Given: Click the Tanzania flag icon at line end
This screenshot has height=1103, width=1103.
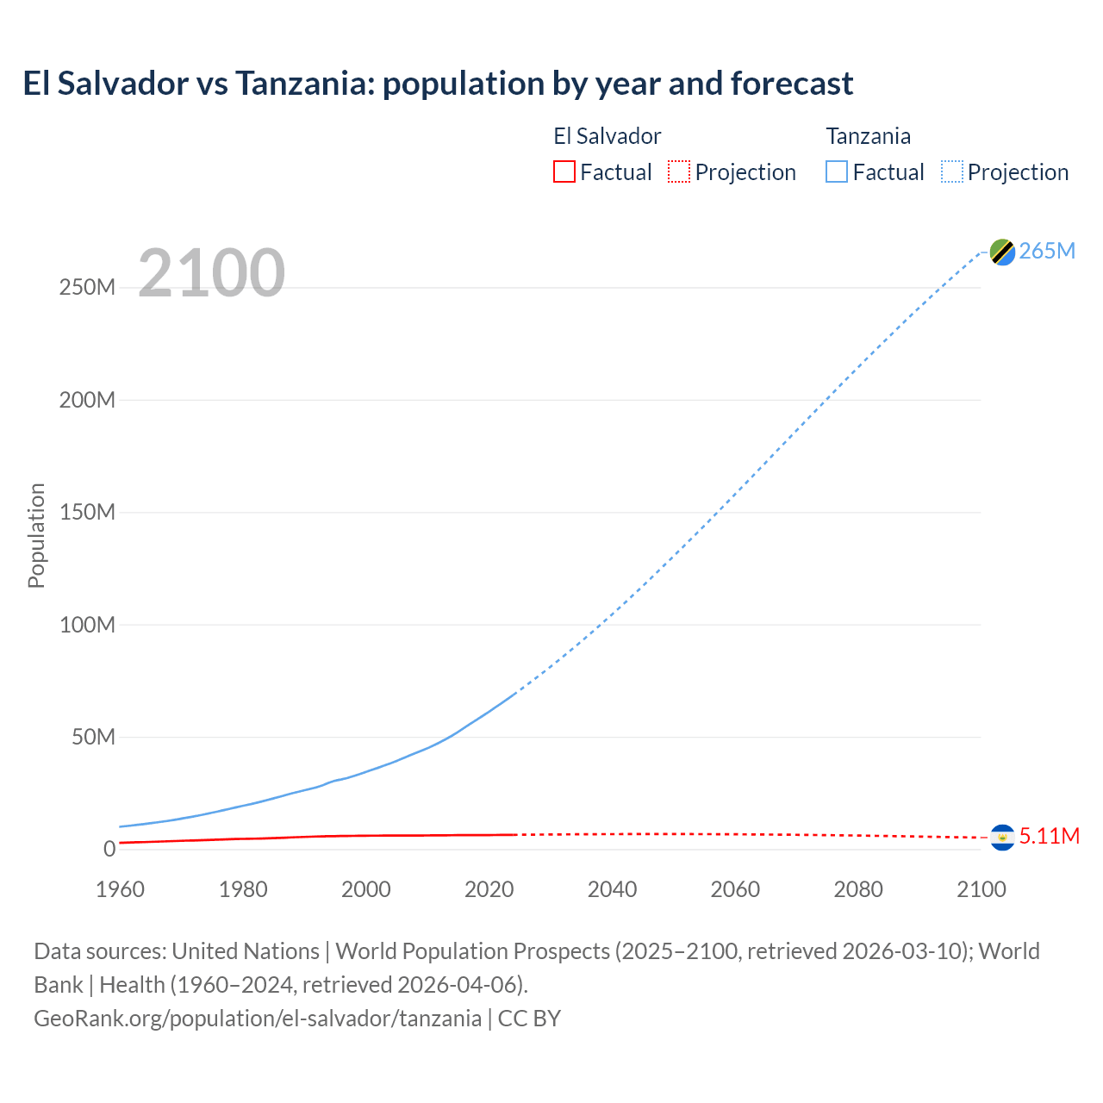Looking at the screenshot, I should pyautogui.click(x=1002, y=252).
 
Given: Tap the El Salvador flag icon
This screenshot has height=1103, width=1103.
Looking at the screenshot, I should pyautogui.click(x=1002, y=837).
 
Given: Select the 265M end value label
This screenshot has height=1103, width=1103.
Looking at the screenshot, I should pyautogui.click(x=1047, y=251).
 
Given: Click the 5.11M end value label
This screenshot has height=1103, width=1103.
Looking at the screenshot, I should pyautogui.click(x=1049, y=836).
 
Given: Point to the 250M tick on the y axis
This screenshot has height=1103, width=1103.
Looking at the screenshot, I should pyautogui.click(x=87, y=287).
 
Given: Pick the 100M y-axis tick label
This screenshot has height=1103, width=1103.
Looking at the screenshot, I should pyautogui.click(x=87, y=625).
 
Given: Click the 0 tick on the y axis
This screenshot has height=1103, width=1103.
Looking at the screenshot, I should pyautogui.click(x=109, y=849).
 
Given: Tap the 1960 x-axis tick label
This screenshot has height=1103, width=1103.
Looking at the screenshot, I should pyautogui.click(x=120, y=889).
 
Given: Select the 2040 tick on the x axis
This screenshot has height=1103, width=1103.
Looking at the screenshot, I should pyautogui.click(x=612, y=889).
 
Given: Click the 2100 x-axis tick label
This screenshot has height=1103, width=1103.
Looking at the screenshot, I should pyautogui.click(x=981, y=889).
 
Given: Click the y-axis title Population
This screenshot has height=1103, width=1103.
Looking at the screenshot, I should pyautogui.click(x=36, y=535).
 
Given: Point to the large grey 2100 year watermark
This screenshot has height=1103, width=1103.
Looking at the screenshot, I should pyautogui.click(x=211, y=273).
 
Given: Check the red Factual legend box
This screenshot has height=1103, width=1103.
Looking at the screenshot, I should pyautogui.click(x=564, y=171).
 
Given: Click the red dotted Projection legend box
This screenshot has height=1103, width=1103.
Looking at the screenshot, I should pyautogui.click(x=679, y=171).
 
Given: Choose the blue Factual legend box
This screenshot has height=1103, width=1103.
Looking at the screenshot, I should pyautogui.click(x=836, y=171).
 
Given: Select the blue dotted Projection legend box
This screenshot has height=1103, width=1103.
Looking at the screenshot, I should pyautogui.click(x=952, y=171).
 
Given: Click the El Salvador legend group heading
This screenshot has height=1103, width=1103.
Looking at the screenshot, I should pyautogui.click(x=607, y=136).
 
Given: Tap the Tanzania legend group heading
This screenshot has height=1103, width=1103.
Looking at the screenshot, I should pyautogui.click(x=868, y=136).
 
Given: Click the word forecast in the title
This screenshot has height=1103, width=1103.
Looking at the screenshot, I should pyautogui.click(x=792, y=84).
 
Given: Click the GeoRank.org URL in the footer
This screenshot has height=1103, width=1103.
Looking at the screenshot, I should pyautogui.click(x=258, y=1018).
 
